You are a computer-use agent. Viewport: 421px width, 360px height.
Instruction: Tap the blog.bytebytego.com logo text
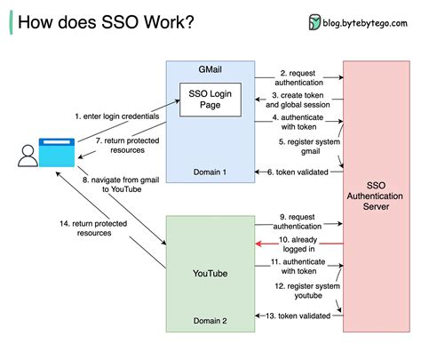[x=364, y=21]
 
